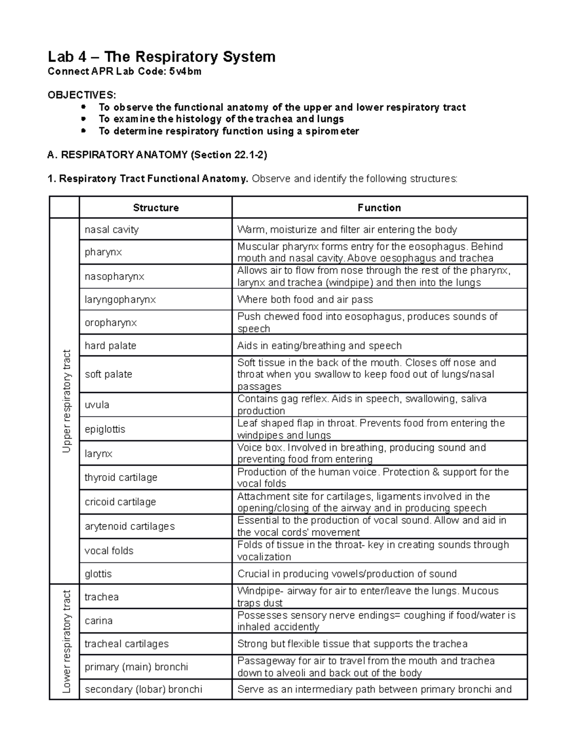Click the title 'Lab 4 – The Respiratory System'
162,57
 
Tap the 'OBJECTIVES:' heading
82,95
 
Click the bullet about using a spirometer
228,131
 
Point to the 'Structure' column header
155,208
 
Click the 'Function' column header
379,208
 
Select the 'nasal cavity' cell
112,229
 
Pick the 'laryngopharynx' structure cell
120,299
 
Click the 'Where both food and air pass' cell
305,299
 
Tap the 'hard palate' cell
111,345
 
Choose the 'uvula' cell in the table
97,405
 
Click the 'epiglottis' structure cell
105,429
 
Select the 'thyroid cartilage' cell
121,477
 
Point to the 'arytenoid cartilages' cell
129,526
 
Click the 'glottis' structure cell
98,573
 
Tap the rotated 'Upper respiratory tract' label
66,401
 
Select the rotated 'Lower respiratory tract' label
66,642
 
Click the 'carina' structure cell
99,620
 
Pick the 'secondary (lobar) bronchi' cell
143,689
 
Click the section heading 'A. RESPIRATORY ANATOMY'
157,154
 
